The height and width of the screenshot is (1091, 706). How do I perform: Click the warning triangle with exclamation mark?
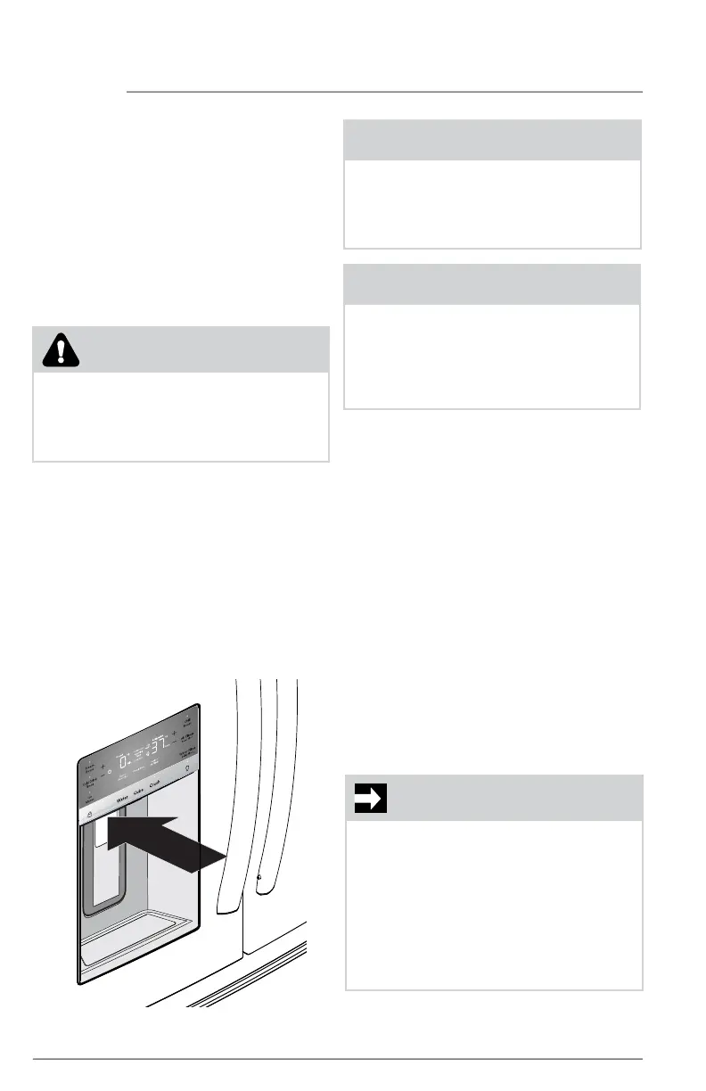tap(59, 349)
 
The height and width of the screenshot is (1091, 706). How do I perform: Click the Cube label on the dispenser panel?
tap(140, 796)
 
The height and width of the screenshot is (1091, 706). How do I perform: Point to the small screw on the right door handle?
tap(259, 877)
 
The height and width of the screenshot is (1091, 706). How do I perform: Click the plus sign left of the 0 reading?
tap(103, 767)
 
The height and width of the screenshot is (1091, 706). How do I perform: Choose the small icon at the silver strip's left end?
tap(89, 813)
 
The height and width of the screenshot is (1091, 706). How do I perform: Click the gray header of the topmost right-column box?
tap(492, 140)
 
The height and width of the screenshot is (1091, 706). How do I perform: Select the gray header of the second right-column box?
tap(492, 284)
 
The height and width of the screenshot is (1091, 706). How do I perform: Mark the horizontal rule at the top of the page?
tap(383, 92)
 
